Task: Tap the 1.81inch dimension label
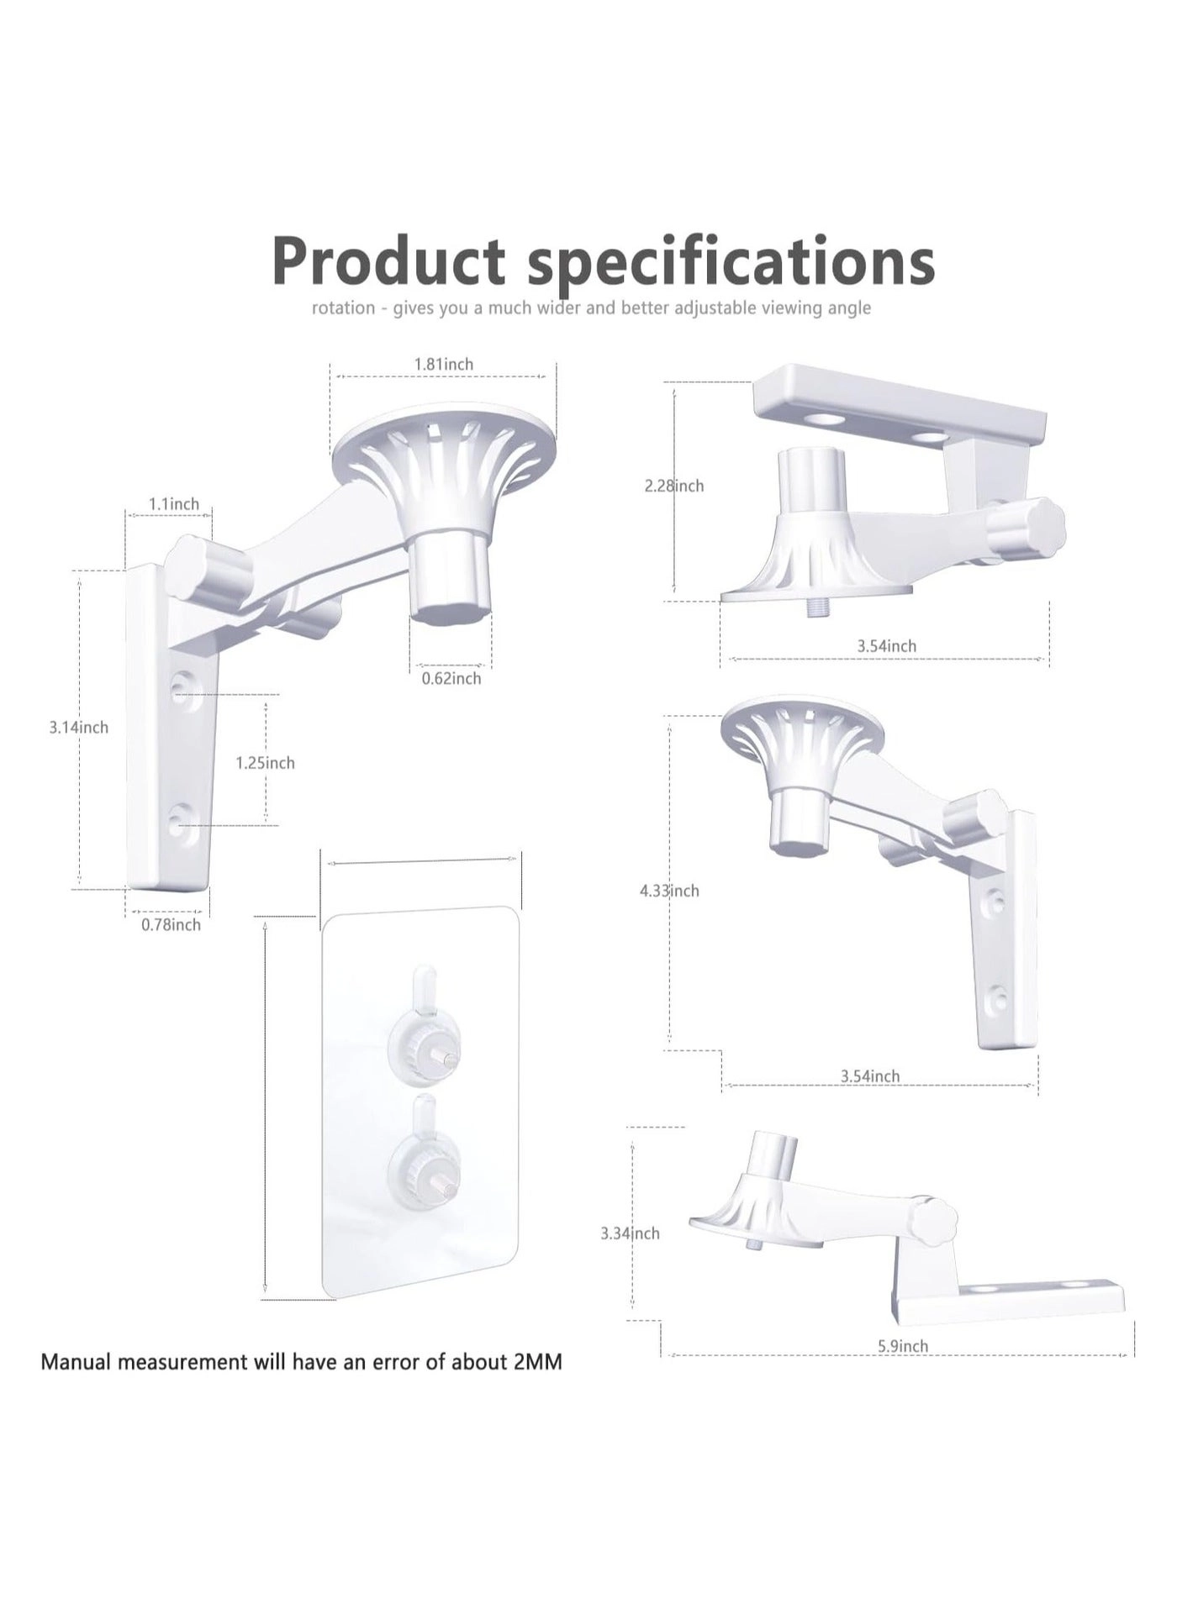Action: [443, 364]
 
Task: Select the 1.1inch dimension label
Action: [174, 503]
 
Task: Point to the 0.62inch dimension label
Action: [451, 678]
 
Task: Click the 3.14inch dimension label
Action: [78, 728]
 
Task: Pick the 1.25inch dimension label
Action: [265, 763]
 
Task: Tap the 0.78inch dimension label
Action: [171, 924]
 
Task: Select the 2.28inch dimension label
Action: [674, 486]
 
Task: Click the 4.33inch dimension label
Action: [669, 891]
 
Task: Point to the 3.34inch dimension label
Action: [630, 1233]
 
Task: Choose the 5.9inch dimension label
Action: [903, 1346]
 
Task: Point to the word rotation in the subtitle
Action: [343, 308]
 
